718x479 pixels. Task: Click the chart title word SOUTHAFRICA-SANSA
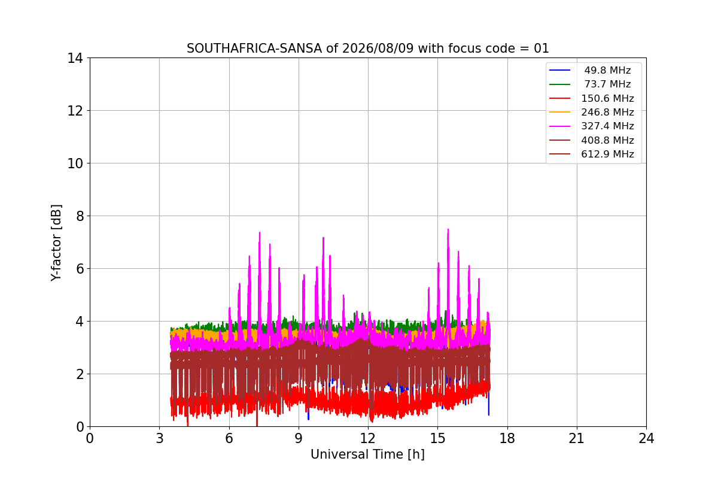(x=254, y=48)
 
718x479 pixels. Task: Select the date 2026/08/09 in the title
(x=378, y=48)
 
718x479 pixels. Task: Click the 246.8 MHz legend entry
(x=592, y=112)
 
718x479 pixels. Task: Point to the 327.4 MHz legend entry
(x=592, y=126)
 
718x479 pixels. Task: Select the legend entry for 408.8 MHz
(x=592, y=140)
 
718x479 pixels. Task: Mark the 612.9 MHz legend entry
(x=592, y=154)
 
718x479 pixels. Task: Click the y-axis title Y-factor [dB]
(x=56, y=243)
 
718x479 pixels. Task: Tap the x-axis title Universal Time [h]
(x=367, y=454)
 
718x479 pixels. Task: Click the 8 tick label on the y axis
(x=80, y=216)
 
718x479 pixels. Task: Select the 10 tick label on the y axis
(x=75, y=163)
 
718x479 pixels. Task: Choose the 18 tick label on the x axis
(x=507, y=438)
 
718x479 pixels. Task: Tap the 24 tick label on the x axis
(x=646, y=438)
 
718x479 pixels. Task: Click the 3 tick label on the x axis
(x=160, y=438)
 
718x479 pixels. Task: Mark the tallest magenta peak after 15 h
(x=448, y=229)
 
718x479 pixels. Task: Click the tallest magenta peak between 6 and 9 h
(x=259, y=232)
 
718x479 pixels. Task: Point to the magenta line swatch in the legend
(x=559, y=126)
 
